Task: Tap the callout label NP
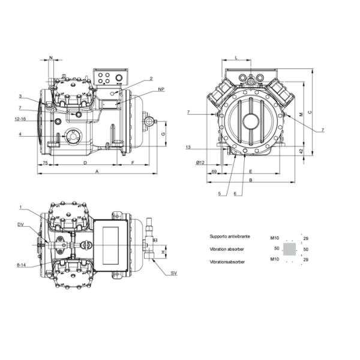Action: (161, 89)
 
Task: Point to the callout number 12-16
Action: (20, 119)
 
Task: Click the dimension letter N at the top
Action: (50, 58)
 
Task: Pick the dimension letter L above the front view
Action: (236, 58)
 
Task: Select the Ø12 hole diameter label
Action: (200, 163)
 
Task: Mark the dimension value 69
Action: (214, 172)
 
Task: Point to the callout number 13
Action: (188, 147)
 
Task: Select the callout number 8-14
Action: (21, 264)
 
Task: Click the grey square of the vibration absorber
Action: (289, 248)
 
